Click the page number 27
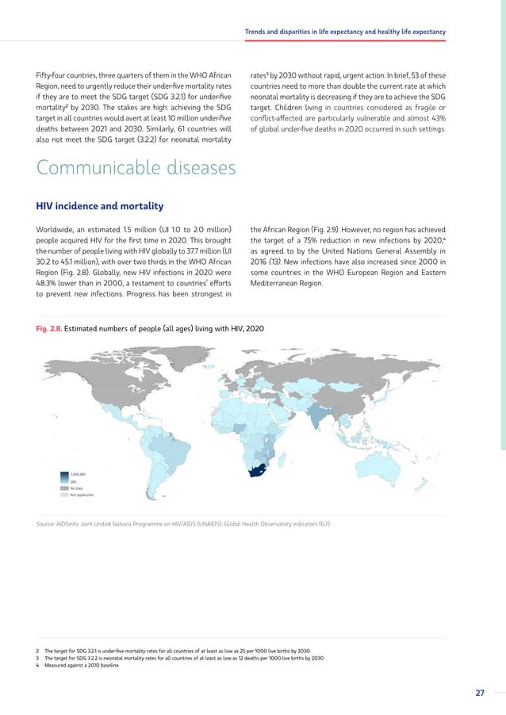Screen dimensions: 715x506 tap(480, 693)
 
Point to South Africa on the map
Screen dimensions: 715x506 tap(256, 470)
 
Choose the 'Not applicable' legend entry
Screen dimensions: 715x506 tap(82, 495)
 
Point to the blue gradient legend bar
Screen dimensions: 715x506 tap(64, 477)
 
